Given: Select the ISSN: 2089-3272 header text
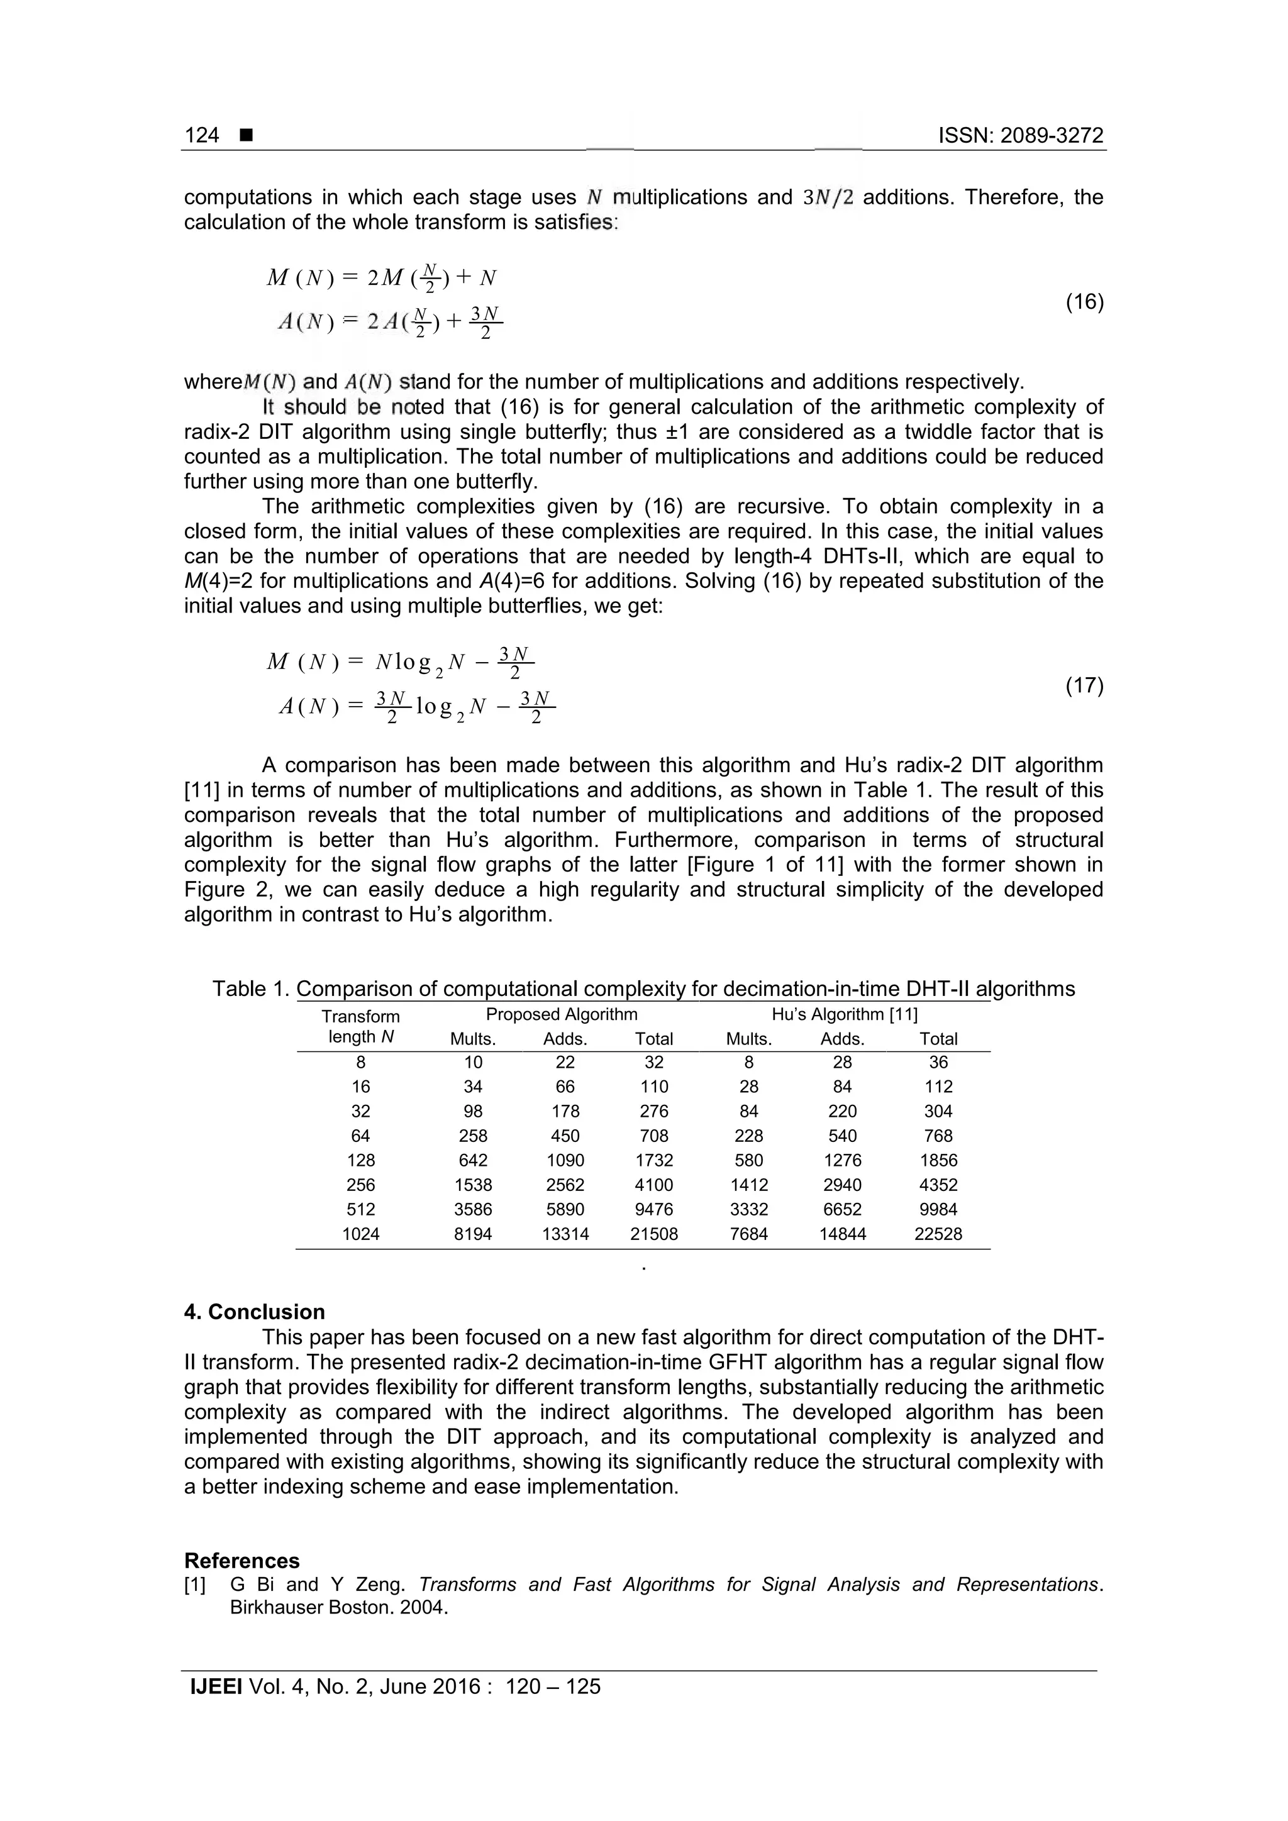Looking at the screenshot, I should [x=1021, y=136].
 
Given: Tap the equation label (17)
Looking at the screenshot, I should [x=1084, y=685].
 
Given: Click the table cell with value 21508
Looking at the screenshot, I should [x=653, y=1234].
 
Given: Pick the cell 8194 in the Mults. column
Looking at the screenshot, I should [x=473, y=1234].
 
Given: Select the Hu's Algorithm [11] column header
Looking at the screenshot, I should [x=844, y=1014].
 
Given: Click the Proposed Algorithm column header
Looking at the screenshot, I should [x=562, y=1014].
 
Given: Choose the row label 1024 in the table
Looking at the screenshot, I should [x=361, y=1234].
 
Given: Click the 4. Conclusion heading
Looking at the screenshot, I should [x=255, y=1312].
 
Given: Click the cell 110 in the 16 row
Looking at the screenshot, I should [x=653, y=1087].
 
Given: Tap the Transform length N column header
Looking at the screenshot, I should [x=361, y=1026].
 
